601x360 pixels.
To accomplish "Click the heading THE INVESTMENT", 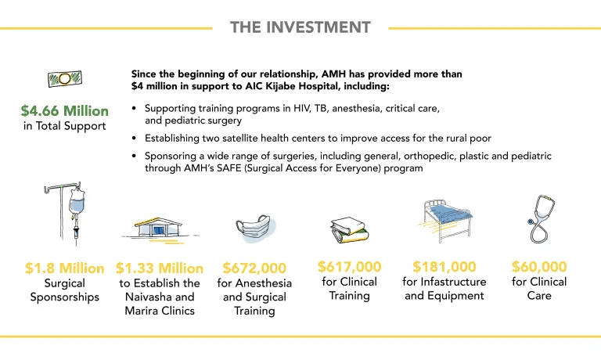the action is [300, 27].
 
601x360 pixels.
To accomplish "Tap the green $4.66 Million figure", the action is [65, 111].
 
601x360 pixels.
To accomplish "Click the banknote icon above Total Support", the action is [65, 78].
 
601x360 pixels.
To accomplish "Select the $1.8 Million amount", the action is [65, 268].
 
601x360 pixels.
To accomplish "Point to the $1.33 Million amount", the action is [160, 268].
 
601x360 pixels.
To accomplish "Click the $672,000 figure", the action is [254, 268].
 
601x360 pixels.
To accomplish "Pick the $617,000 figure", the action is [350, 266].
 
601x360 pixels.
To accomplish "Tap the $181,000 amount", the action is [444, 266].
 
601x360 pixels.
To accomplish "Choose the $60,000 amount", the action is [539, 266].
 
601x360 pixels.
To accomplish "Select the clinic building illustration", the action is [158, 228].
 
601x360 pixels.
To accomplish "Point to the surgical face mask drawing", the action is [254, 228].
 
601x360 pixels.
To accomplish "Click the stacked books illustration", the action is [349, 230].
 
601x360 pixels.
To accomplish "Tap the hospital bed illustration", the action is [445, 221].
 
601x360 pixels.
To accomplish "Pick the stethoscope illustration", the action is [542, 218].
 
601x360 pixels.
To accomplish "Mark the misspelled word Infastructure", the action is [453, 282].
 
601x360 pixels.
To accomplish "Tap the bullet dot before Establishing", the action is [134, 138].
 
